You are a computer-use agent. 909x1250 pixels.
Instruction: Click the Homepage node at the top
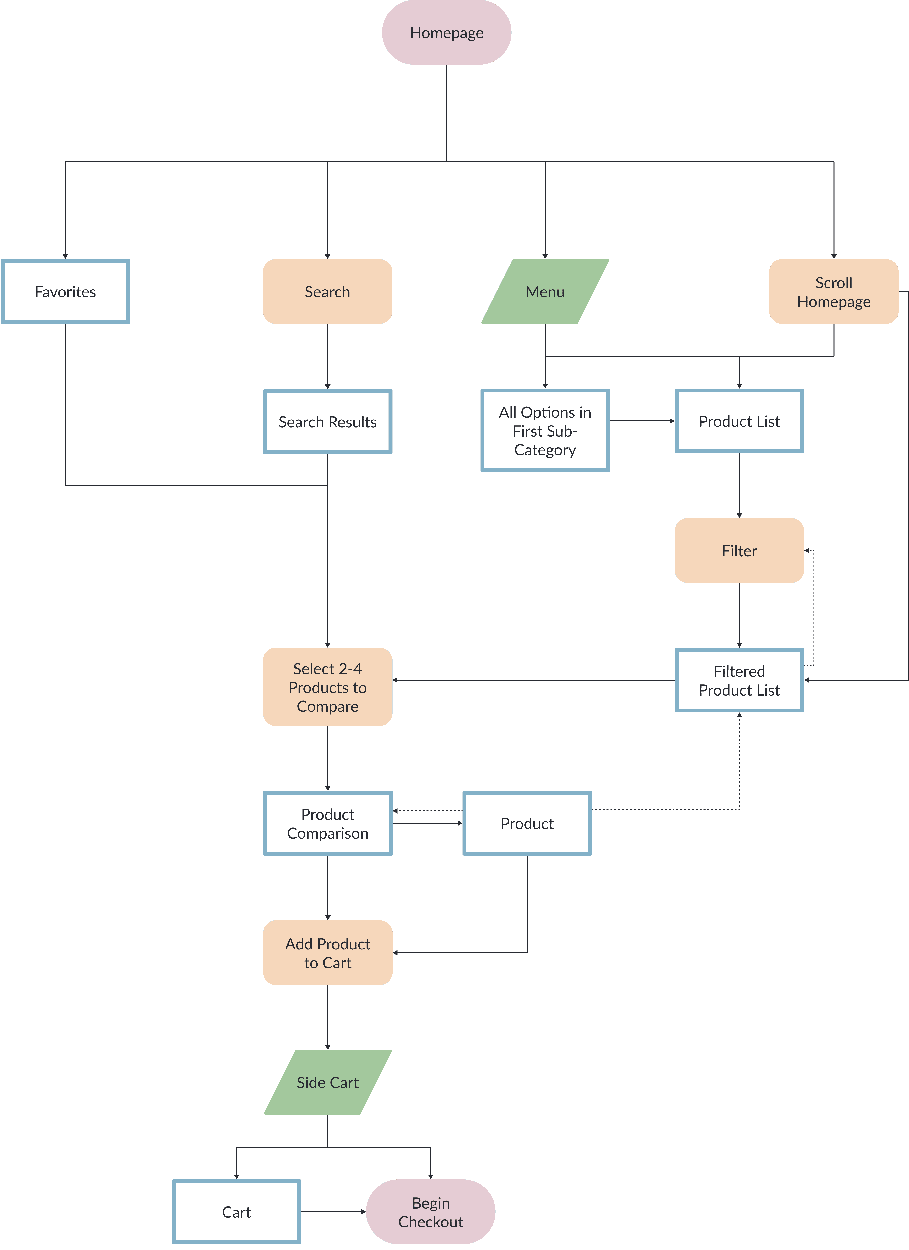[446, 33]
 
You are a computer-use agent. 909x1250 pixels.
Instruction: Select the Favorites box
[65, 292]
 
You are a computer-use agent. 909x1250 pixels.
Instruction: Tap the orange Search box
[327, 292]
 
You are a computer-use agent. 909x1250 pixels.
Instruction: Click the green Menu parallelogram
[545, 292]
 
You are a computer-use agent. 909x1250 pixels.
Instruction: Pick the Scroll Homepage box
[834, 292]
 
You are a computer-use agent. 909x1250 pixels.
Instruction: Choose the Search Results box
[327, 422]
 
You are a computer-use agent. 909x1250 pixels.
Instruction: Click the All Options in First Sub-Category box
[545, 430]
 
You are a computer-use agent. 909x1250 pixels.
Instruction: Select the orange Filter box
[739, 551]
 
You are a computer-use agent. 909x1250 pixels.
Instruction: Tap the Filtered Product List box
[739, 680]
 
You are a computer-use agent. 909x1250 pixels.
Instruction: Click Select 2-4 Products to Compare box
[327, 687]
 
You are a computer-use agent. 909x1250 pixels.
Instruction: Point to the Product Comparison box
[327, 823]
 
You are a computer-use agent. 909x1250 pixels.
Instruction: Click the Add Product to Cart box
[327, 953]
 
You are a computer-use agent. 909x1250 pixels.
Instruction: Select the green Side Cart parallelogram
[327, 1082]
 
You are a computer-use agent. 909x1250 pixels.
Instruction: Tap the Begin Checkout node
[430, 1212]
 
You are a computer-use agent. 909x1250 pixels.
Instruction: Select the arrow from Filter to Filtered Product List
[739, 615]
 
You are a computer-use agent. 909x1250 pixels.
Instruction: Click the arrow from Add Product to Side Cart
[327, 1017]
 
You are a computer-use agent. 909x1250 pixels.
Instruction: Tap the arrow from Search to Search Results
[327, 357]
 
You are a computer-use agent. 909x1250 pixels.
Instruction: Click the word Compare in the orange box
[327, 707]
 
